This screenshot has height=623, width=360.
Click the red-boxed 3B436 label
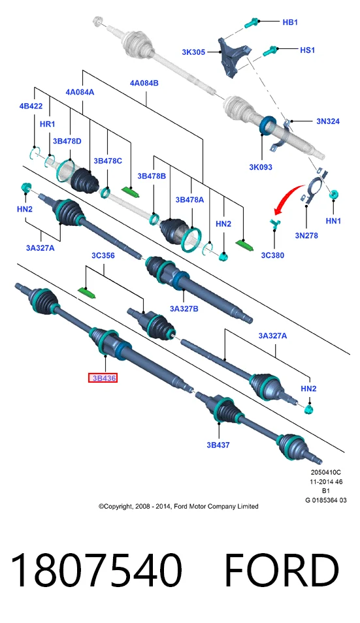click(x=103, y=378)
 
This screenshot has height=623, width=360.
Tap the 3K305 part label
click(x=193, y=52)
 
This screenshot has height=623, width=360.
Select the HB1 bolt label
click(x=290, y=22)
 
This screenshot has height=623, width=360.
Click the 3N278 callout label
click(x=306, y=235)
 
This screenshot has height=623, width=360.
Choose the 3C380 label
click(x=272, y=255)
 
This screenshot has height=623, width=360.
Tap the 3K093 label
click(x=261, y=167)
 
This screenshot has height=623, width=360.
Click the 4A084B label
click(x=144, y=83)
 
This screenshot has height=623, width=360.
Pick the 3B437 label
click(x=218, y=445)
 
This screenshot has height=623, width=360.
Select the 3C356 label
click(x=103, y=255)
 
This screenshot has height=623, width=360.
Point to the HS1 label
click(x=307, y=50)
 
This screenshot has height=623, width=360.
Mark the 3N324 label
click(x=328, y=121)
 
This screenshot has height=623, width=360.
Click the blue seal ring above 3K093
click(x=267, y=125)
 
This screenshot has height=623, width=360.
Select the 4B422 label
click(x=31, y=106)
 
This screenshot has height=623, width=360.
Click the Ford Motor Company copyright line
click(x=178, y=506)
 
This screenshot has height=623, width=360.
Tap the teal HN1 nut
click(x=334, y=195)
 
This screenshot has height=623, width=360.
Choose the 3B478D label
click(x=67, y=141)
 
